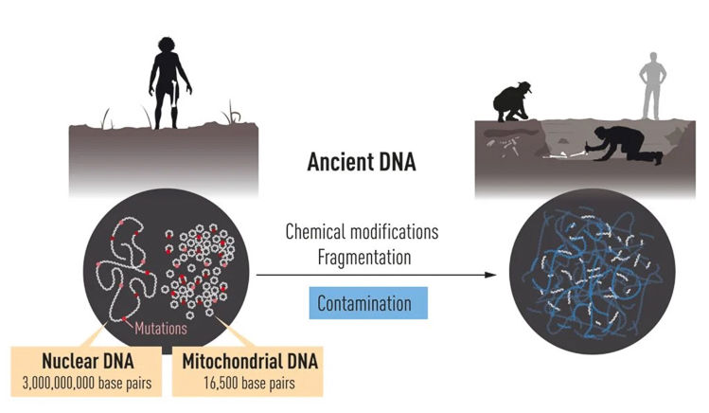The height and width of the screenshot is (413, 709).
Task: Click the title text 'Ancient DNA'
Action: (x=362, y=162)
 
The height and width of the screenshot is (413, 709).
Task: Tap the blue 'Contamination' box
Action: (x=368, y=303)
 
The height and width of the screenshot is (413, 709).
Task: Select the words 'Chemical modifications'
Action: (x=362, y=232)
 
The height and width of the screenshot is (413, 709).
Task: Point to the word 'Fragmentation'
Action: (x=364, y=258)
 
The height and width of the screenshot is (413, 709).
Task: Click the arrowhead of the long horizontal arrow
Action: (x=490, y=275)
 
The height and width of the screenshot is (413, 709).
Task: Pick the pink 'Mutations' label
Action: (x=161, y=328)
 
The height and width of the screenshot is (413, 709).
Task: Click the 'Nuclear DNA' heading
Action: (x=88, y=361)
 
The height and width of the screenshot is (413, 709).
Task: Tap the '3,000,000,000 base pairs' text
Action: (x=87, y=384)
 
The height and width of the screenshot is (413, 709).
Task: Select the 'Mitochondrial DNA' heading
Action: (x=250, y=362)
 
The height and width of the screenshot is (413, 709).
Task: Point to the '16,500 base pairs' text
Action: (x=249, y=384)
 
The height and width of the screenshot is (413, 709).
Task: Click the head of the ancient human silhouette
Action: (x=167, y=45)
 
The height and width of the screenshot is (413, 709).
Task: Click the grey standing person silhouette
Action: (x=652, y=86)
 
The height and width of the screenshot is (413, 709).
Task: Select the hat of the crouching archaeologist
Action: (x=525, y=86)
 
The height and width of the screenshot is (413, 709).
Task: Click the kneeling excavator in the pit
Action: (x=628, y=144)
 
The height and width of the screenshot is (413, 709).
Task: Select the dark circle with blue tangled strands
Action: (x=592, y=271)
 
